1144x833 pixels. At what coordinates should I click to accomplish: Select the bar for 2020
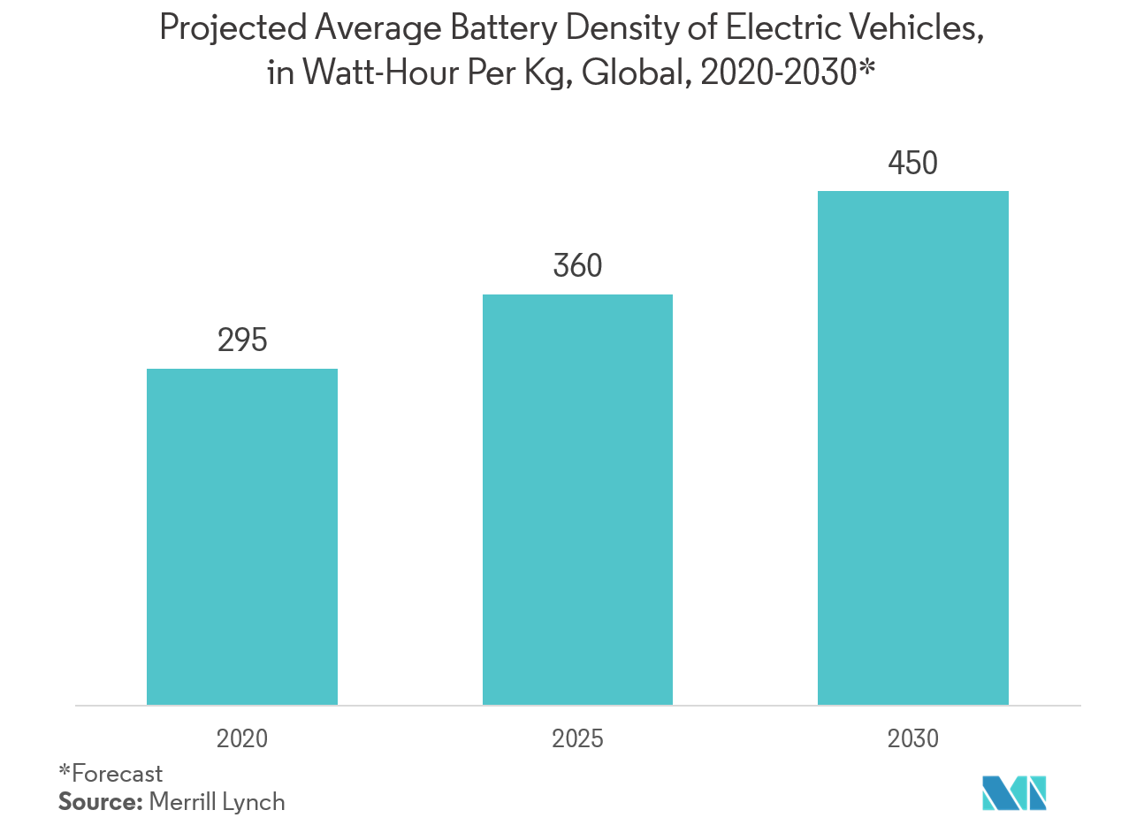(241, 537)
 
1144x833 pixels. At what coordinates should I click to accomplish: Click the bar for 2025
(577, 500)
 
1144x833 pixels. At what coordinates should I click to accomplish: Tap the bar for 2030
(912, 447)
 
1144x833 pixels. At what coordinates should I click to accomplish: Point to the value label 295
(242, 340)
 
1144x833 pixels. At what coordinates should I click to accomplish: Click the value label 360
(577, 265)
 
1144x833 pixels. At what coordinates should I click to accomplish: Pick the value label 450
(912, 163)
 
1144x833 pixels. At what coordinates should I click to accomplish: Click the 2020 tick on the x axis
(241, 738)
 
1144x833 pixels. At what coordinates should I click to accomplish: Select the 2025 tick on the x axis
(577, 738)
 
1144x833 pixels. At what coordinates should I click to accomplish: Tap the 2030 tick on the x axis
(912, 738)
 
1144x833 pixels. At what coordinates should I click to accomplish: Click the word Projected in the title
(233, 29)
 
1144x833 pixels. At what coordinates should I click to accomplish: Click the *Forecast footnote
(111, 774)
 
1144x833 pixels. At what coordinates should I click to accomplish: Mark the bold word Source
(99, 802)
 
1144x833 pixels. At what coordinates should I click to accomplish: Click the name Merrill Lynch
(217, 802)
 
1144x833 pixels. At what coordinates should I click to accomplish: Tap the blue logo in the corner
(1014, 792)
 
